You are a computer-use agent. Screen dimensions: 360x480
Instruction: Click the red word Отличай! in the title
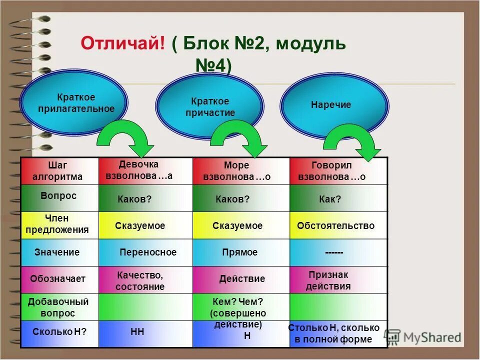pos(123,43)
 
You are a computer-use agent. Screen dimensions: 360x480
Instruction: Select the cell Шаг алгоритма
pos(60,171)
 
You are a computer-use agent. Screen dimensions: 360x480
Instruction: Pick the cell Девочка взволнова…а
pos(145,171)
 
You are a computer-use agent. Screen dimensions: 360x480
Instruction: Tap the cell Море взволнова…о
pos(240,171)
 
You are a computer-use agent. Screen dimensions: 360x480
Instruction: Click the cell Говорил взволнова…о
pos(338,171)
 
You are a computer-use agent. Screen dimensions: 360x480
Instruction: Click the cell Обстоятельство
pos(338,226)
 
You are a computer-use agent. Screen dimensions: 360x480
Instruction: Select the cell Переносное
pos(145,252)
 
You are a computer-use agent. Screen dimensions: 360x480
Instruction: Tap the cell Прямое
pos(240,252)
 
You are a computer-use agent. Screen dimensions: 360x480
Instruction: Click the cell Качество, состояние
pos(145,280)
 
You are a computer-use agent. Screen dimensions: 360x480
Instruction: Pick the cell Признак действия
pos(338,280)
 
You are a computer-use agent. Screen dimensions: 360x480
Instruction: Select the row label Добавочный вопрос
pos(60,307)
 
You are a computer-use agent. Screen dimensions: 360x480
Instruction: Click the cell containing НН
pos(145,333)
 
